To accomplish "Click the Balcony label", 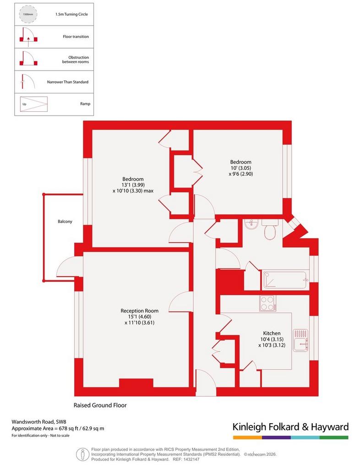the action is pos(65,221).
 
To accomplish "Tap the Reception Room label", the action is pos(139,311).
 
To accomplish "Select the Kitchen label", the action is pos(272,333).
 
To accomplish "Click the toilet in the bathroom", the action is pos(270,230).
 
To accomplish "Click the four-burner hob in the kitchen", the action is pos(268,303).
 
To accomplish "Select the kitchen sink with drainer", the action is pos(300,340).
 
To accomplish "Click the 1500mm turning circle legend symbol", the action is pos(28,14).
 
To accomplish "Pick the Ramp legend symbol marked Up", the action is pos(34,104).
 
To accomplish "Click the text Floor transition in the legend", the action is pos(76,37).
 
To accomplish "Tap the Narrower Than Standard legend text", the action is pos(68,82).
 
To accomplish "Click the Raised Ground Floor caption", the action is pos(100,405).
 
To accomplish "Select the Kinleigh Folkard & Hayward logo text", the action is pos(291,427).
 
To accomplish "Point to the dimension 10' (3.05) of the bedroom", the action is pos(241,168).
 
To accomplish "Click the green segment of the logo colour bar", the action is pos(334,437).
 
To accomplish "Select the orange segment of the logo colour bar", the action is pos(248,437).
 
